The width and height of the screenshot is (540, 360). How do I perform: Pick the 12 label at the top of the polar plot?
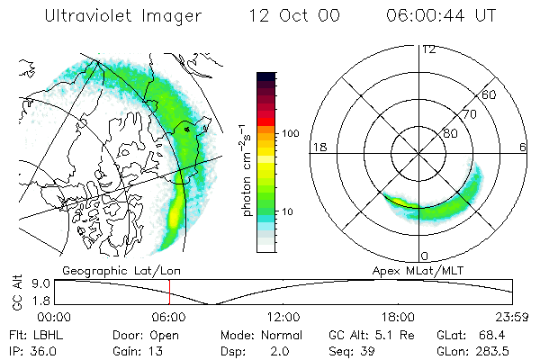tap(428, 49)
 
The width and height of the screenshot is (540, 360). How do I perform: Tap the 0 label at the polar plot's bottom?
tap(424, 256)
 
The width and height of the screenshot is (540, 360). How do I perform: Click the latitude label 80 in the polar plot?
tap(450, 133)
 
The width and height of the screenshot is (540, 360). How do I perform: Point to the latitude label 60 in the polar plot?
tap(489, 94)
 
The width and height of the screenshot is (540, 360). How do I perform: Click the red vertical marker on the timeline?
tap(169, 292)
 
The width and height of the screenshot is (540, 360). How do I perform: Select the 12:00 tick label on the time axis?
tap(283, 317)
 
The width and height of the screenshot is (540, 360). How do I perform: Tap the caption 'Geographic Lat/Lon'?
tap(115, 270)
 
